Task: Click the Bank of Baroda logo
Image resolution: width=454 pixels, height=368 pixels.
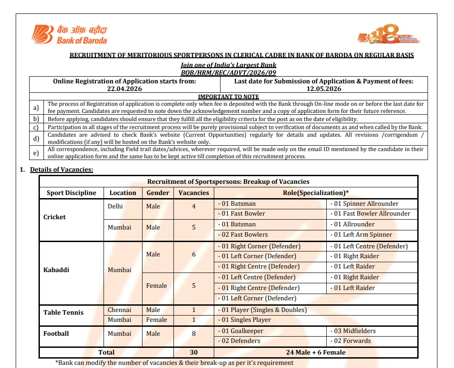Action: (69, 35)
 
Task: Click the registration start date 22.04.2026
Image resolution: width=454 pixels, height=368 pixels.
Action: (124, 89)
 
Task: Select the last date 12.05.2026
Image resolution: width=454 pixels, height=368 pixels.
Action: (324, 89)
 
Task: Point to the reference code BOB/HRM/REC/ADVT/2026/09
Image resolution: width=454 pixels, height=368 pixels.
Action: (229, 72)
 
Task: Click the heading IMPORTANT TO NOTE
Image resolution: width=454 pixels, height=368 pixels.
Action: (229, 96)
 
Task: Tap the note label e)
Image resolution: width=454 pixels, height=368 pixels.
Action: (36, 152)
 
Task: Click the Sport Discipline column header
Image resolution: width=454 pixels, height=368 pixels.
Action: (71, 193)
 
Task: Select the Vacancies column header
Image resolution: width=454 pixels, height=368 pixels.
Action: (194, 193)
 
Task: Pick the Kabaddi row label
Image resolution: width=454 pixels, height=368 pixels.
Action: (56, 270)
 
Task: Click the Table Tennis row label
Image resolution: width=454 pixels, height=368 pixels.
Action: (63, 312)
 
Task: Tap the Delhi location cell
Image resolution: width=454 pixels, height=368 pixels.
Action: (115, 206)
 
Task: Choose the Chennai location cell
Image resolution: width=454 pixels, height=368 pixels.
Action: (119, 310)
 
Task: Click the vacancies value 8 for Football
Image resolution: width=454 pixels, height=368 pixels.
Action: (194, 333)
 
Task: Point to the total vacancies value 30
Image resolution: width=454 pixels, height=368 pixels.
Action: (194, 352)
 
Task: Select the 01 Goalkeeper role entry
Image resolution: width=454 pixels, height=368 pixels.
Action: (241, 331)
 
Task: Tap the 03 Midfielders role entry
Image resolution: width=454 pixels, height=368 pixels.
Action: (353, 331)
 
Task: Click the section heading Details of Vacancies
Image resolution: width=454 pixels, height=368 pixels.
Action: (61, 169)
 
